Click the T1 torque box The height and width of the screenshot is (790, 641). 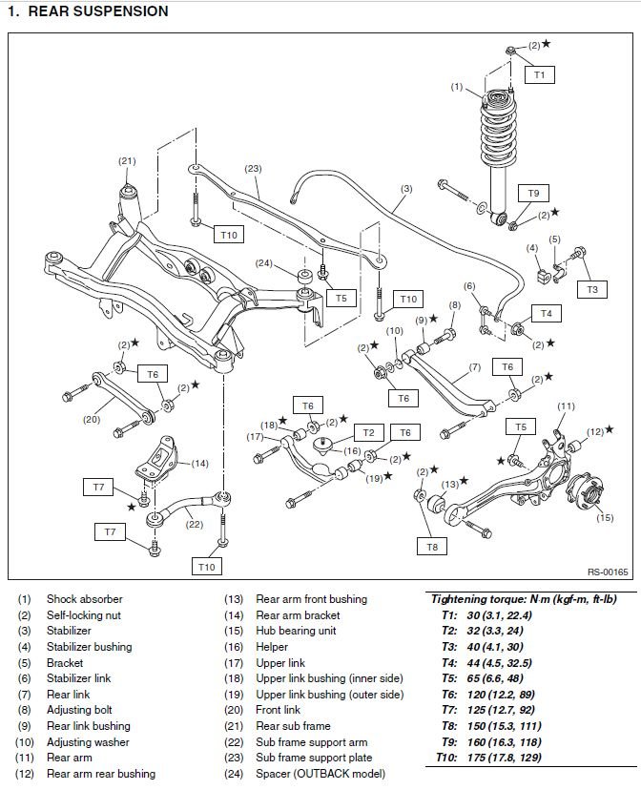click(x=539, y=73)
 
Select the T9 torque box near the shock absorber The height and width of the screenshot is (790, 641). click(x=533, y=194)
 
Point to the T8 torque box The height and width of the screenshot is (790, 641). click(x=432, y=547)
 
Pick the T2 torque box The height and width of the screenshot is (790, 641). click(x=368, y=432)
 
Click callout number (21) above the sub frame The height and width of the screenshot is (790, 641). click(x=127, y=161)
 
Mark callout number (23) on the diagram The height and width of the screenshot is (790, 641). click(x=253, y=169)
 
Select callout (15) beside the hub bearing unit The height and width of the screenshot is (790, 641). click(x=604, y=518)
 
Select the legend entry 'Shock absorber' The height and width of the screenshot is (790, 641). click(x=85, y=599)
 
